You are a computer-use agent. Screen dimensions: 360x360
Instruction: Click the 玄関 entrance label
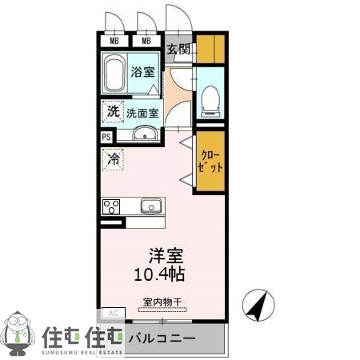click(x=179, y=50)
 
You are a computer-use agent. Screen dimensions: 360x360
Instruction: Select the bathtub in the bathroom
click(x=114, y=74)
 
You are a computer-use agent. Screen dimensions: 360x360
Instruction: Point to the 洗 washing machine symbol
click(x=113, y=111)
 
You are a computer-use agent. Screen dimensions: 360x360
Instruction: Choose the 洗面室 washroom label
click(x=144, y=112)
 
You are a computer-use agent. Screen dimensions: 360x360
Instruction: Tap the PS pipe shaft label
click(x=106, y=138)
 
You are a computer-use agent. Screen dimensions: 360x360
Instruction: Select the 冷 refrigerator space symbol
click(x=113, y=159)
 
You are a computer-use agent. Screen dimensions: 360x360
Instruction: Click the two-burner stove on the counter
click(x=110, y=206)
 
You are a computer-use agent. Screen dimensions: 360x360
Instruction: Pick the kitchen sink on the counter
click(x=151, y=206)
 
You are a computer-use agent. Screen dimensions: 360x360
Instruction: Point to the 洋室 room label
click(x=166, y=257)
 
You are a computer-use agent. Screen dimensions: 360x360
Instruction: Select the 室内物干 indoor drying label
click(x=162, y=302)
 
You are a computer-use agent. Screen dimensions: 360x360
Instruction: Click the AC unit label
click(x=112, y=313)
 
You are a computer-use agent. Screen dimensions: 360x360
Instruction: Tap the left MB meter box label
click(x=114, y=41)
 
